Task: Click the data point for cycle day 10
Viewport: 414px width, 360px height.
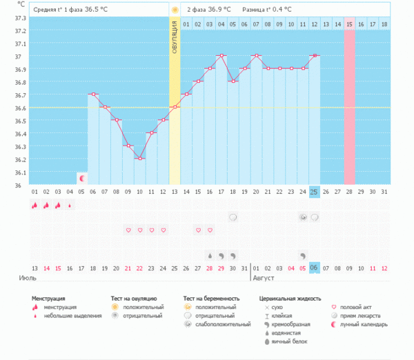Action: pyautogui.click(x=139, y=159)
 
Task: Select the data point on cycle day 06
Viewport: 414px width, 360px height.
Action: pyautogui.click(x=92, y=94)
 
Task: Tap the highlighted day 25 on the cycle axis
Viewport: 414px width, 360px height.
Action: pyautogui.click(x=314, y=191)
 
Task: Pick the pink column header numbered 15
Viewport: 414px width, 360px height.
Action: pyautogui.click(x=349, y=24)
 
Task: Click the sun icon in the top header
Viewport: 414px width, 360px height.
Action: pyautogui.click(x=175, y=10)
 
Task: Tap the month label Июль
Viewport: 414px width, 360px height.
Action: pyautogui.click(x=27, y=279)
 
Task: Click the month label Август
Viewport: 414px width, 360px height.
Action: pyautogui.click(x=264, y=279)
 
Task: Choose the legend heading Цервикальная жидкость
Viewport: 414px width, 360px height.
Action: pyautogui.click(x=289, y=298)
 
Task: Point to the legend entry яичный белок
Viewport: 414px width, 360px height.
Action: pyautogui.click(x=290, y=341)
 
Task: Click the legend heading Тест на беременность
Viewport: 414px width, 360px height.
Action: pyautogui.click(x=211, y=298)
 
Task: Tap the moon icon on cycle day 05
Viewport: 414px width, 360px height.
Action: pyautogui.click(x=81, y=178)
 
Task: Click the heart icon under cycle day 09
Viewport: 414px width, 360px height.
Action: pyautogui.click(x=128, y=230)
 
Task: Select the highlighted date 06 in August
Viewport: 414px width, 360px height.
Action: pyautogui.click(x=314, y=268)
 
